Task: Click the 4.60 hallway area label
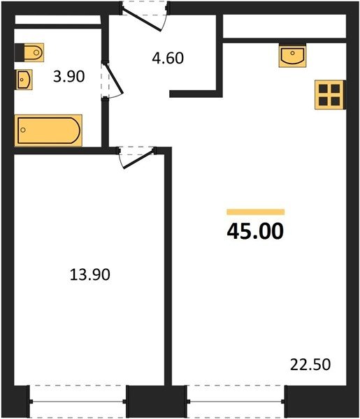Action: tap(168, 58)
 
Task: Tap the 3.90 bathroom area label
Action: tap(69, 76)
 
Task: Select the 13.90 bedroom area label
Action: tap(90, 274)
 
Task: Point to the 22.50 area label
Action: tap(310, 365)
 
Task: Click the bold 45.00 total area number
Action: tap(255, 231)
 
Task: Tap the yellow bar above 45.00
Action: tap(255, 212)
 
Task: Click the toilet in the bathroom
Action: tap(29, 52)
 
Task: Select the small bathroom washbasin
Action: tap(24, 80)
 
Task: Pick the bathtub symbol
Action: tap(48, 131)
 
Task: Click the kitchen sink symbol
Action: tap(292, 56)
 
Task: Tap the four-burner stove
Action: tap(329, 94)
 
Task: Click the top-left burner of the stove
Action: tap(323, 89)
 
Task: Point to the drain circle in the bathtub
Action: tap(23, 130)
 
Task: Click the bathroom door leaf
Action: tap(113, 79)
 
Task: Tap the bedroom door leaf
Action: tap(139, 160)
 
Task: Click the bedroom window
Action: tap(78, 401)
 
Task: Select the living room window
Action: tap(236, 401)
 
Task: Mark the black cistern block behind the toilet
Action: tap(20, 52)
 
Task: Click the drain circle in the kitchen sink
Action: tap(292, 53)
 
